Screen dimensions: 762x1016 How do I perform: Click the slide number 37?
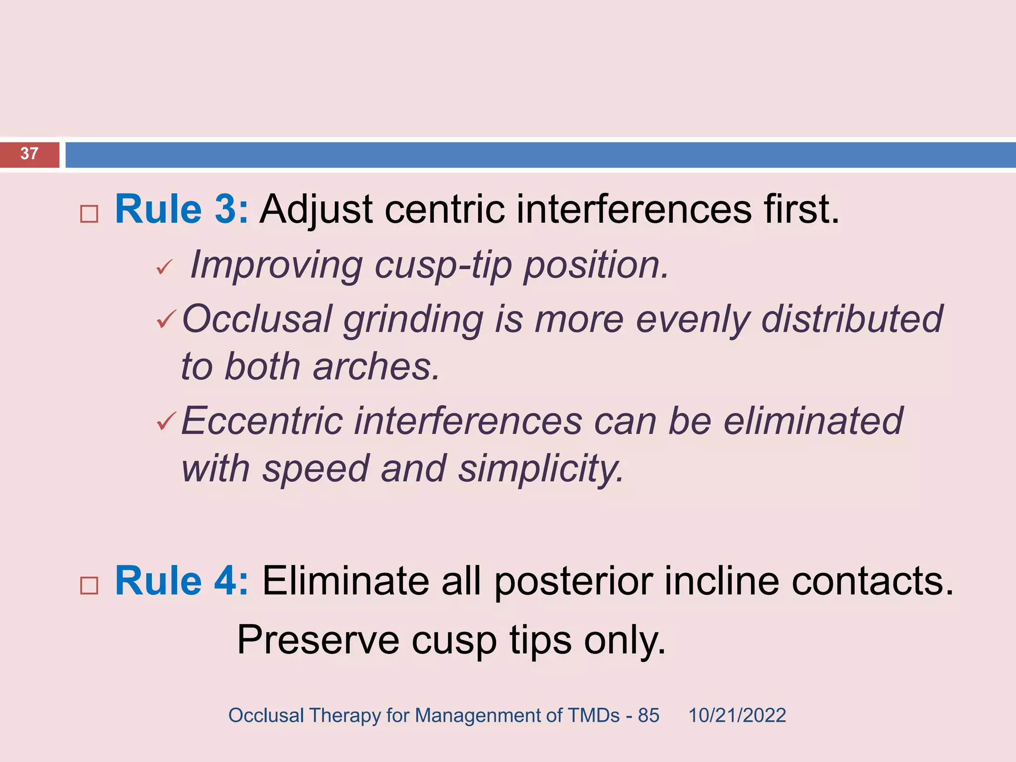pos(29,154)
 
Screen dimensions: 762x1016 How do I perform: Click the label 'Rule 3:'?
pos(181,209)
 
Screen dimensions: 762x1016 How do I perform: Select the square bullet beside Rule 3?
pos(89,214)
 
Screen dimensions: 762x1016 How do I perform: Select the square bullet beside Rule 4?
pos(89,586)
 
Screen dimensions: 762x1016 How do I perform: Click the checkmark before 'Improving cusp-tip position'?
pos(164,268)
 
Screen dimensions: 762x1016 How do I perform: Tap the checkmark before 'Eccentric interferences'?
pos(166,421)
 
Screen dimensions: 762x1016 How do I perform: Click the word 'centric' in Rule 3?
pos(444,209)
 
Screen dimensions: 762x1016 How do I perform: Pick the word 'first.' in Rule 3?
pos(801,209)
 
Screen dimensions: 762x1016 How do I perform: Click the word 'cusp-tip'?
pos(443,265)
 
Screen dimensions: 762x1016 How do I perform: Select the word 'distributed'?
pos(851,318)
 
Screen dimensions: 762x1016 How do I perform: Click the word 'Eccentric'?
pos(262,421)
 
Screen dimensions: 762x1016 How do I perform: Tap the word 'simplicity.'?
pos(541,469)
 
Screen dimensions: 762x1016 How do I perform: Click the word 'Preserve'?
pos(318,640)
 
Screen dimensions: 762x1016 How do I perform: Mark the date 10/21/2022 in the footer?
pos(737,715)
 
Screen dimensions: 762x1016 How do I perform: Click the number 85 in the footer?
pos(648,715)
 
